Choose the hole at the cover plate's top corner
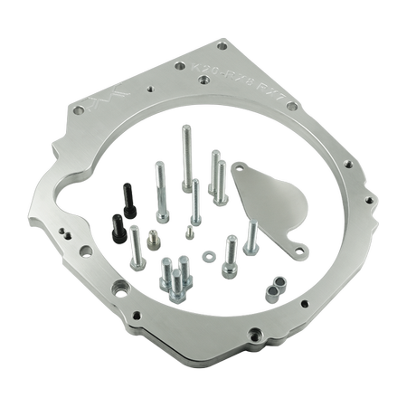[x=238, y=168]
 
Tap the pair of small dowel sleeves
[x=274, y=289]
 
